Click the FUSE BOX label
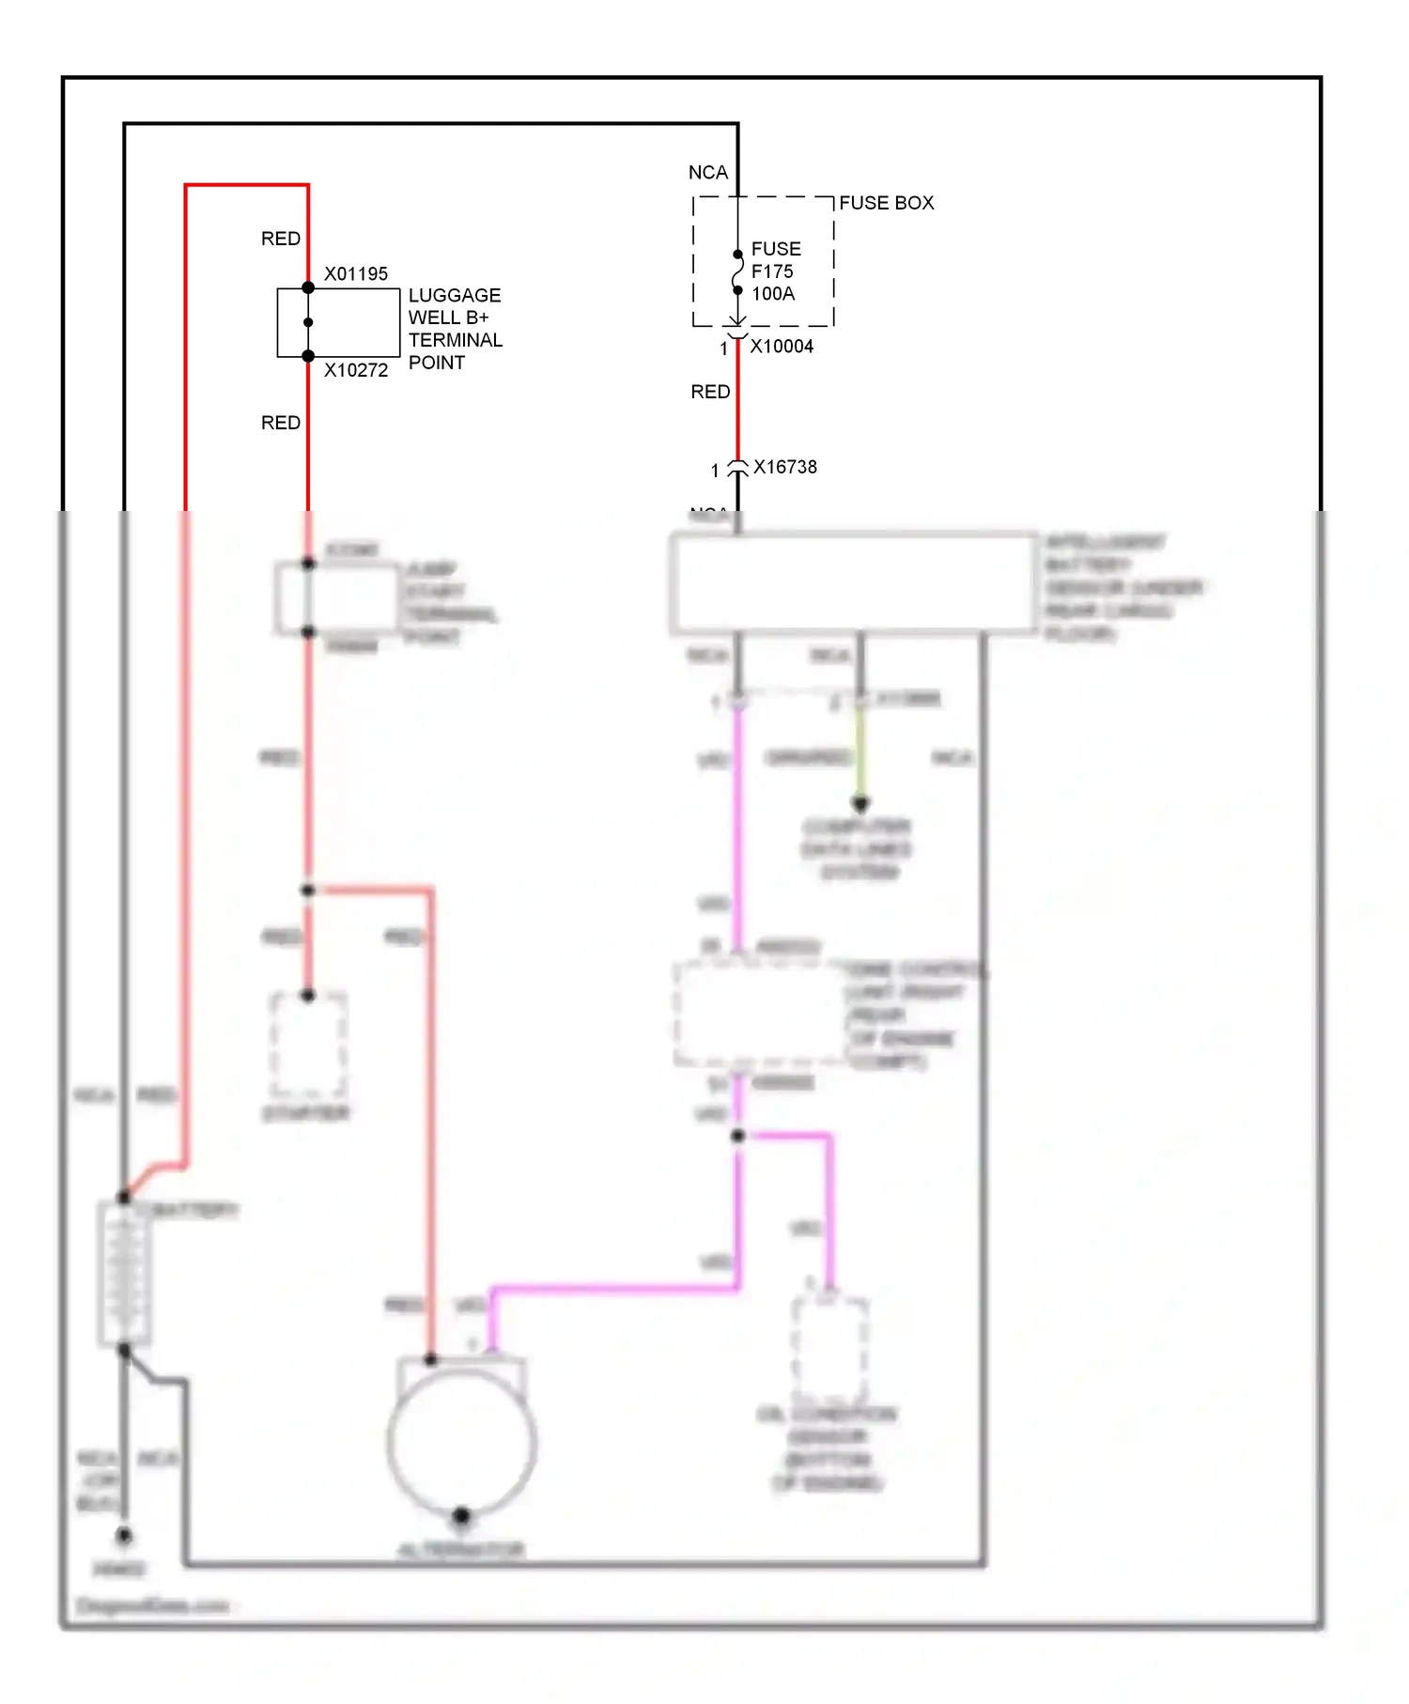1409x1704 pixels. click(x=886, y=203)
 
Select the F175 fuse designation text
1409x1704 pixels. click(x=772, y=271)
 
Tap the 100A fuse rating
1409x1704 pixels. click(x=773, y=294)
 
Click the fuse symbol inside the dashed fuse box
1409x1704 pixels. click(x=738, y=272)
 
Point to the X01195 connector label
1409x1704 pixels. click(x=356, y=274)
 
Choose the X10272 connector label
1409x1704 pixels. click(x=356, y=371)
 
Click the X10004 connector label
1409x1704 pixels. click(x=782, y=347)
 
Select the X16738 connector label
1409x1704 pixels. click(x=785, y=467)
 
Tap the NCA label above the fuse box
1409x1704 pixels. click(x=708, y=173)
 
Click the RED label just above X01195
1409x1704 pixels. click(x=281, y=239)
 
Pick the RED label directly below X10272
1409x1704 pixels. click(x=281, y=423)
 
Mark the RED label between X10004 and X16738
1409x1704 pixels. click(x=710, y=392)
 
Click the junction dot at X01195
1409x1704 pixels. click(x=308, y=287)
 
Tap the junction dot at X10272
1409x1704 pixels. click(x=308, y=356)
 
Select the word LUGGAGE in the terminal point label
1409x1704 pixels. click(x=455, y=295)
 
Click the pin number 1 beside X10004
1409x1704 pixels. click(x=724, y=349)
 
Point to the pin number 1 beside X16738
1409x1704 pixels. click(x=715, y=471)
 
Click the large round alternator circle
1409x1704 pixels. click(x=461, y=1443)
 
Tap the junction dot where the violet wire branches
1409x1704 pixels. click(x=738, y=1136)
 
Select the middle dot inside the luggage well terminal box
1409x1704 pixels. click(x=308, y=322)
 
